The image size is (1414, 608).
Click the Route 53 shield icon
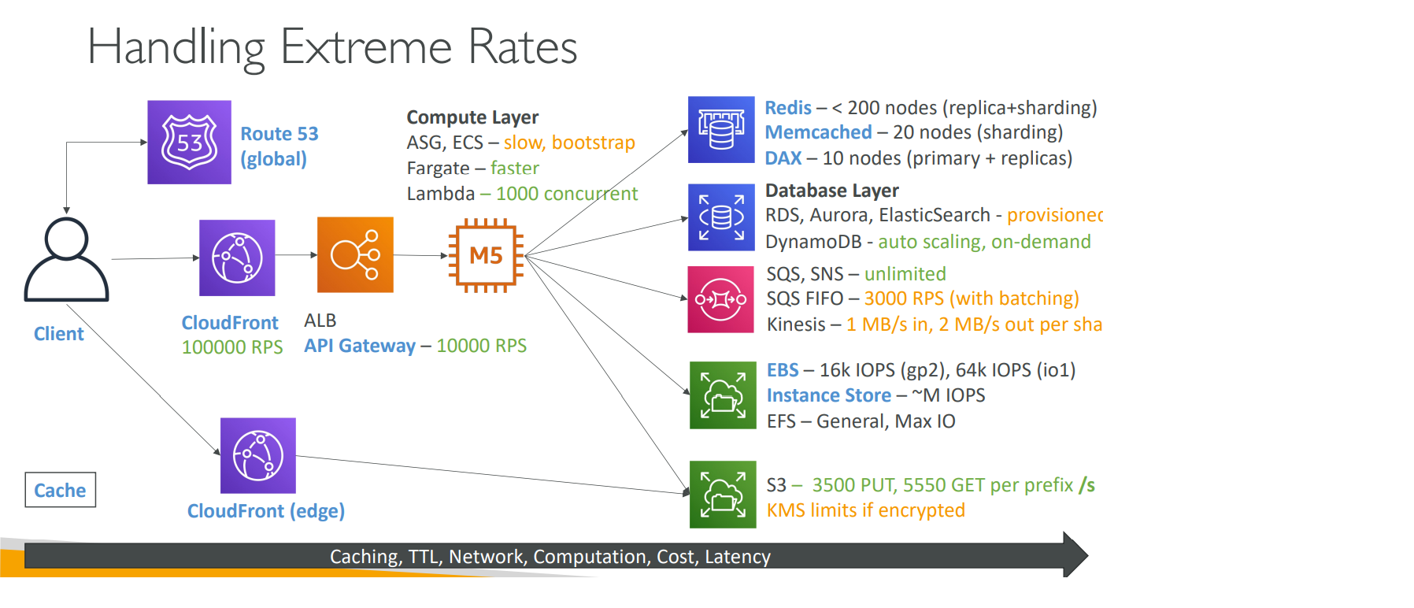pos(189,143)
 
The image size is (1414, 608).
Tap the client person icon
pos(66,259)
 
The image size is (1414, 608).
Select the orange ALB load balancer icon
pos(355,255)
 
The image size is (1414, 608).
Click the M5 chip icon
pos(486,255)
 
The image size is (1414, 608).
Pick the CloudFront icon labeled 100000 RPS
pos(237,258)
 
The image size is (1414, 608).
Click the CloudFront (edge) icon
pos(258,455)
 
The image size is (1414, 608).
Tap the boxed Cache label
pos(60,490)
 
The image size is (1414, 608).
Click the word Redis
pos(788,108)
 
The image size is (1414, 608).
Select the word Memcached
pos(818,132)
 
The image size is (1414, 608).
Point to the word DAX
pos(783,158)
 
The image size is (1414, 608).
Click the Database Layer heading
pos(831,191)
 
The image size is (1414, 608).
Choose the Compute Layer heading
pos(472,117)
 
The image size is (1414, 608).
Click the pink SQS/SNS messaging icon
pos(720,299)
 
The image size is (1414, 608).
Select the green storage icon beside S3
pos(723,495)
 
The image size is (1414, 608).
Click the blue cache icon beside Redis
pos(721,130)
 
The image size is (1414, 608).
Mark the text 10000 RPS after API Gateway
pos(481,346)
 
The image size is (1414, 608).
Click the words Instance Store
pos(829,395)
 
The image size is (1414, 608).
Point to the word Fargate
pos(438,169)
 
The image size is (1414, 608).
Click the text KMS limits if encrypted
pos(865,510)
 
